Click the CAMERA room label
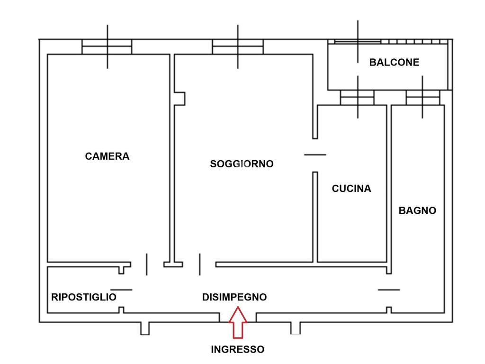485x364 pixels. pos(107,156)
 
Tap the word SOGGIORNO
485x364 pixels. pos(242,164)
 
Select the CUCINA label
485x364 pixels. pos(351,189)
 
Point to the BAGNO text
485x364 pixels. pos(417,210)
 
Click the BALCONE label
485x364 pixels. pos(394,62)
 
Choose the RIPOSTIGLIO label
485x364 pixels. pos(83,297)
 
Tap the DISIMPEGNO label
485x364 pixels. pos(234,297)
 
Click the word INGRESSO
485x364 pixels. pos(238,349)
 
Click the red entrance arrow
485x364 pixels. pos(238,322)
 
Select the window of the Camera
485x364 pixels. pos(107,47)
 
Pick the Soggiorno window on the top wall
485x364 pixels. pos(238,47)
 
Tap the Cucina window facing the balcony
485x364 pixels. pos(357,98)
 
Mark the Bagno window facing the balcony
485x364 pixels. pos(423,98)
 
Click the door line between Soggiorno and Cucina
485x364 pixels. pos(315,155)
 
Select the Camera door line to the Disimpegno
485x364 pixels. pos(147,264)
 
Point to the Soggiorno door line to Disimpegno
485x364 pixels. pos(200,264)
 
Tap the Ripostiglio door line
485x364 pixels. pos(121,290)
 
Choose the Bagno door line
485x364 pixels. pos(389,290)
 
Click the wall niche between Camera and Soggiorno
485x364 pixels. pos(180,99)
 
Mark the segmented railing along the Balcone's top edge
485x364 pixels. pos(414,42)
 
